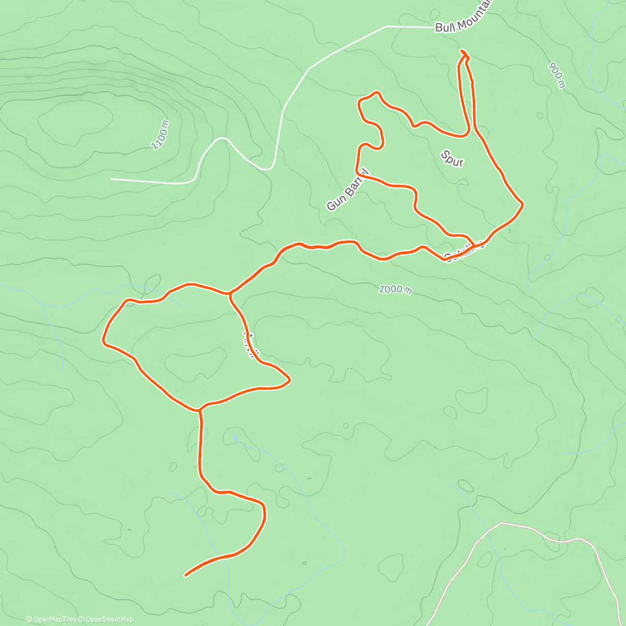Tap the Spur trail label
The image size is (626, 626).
coord(452,159)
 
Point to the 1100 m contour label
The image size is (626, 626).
coord(161,135)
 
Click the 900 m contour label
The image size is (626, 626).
coord(557,76)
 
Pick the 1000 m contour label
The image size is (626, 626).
coord(395,289)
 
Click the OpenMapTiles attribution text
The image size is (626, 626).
coord(51,619)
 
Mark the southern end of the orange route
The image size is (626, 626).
coord(186,575)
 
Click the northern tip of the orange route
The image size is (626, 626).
coord(461,51)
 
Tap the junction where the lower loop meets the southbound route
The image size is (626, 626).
coord(199,410)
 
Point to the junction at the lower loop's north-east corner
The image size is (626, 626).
coord(230,294)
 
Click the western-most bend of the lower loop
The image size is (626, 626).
coord(103,341)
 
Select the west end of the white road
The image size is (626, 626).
coord(112,179)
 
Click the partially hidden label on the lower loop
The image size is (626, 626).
coord(250,345)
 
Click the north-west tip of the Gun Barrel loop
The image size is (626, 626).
coord(359,101)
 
